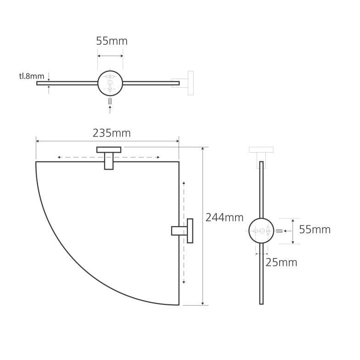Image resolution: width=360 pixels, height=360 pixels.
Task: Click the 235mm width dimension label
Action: [x=112, y=133]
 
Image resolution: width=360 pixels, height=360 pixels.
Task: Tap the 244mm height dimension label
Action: [x=224, y=217]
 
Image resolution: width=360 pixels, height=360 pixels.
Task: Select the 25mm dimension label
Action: [x=281, y=263]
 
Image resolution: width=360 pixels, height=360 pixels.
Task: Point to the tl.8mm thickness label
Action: [x=31, y=76]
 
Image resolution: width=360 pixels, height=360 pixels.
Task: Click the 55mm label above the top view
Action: [x=112, y=41]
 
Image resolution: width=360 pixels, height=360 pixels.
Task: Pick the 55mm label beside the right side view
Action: [x=315, y=229]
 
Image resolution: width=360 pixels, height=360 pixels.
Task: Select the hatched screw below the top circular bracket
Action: [x=110, y=101]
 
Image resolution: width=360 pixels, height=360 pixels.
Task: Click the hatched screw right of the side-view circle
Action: [x=279, y=231]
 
